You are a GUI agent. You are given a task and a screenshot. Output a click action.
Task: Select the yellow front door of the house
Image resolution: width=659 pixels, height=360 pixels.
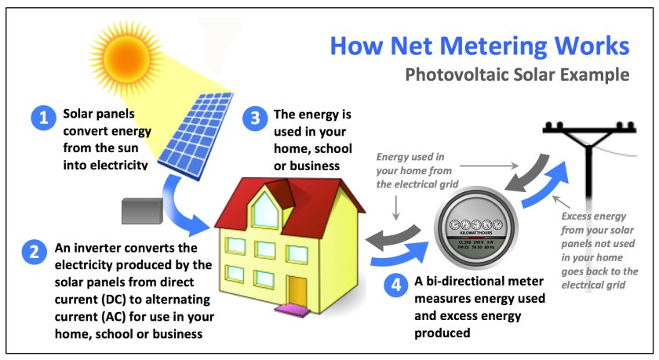(x=297, y=292)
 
